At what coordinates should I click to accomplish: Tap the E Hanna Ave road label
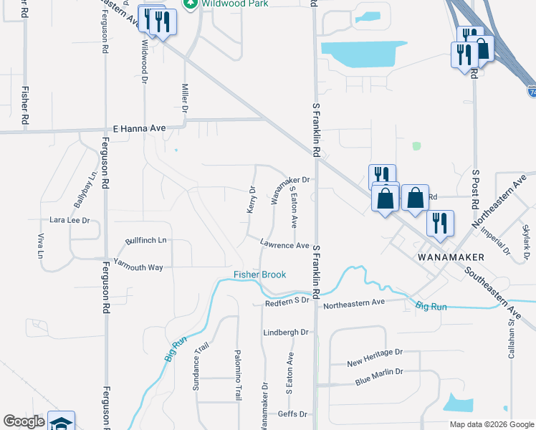pyautogui.click(x=140, y=128)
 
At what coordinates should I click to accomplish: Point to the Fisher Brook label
pyautogui.click(x=259, y=274)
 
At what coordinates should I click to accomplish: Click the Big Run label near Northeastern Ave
pyautogui.click(x=431, y=307)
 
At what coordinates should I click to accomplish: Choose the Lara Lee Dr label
pyautogui.click(x=69, y=221)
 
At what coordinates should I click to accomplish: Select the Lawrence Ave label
pyautogui.click(x=284, y=245)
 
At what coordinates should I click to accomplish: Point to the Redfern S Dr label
pyautogui.click(x=287, y=301)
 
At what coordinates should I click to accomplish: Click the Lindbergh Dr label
pyautogui.click(x=285, y=333)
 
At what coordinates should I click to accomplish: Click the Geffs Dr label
pyautogui.click(x=292, y=414)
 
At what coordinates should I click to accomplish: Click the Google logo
pyautogui.click(x=24, y=421)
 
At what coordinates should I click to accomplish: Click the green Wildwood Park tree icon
pyautogui.click(x=191, y=4)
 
